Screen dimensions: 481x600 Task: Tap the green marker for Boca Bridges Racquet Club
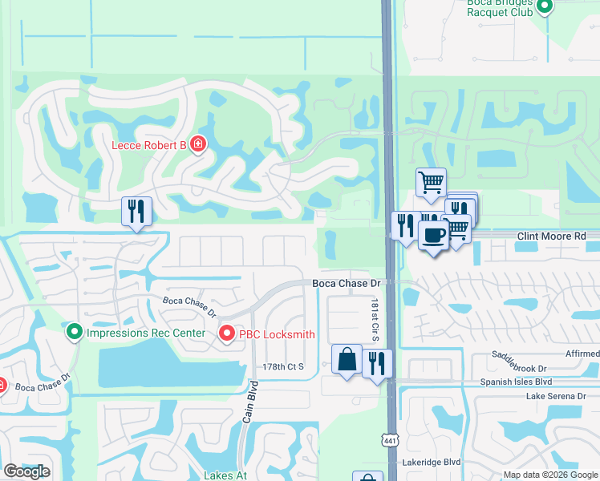[545, 6]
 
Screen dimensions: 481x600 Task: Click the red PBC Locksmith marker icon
[227, 334]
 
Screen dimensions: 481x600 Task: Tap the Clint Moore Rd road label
[552, 236]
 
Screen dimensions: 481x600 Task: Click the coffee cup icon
[433, 236]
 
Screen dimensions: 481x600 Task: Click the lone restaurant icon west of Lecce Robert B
[136, 212]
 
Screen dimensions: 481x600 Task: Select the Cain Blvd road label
[248, 406]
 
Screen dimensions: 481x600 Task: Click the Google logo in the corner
[26, 472]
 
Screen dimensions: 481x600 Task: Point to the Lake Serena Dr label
[555, 396]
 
